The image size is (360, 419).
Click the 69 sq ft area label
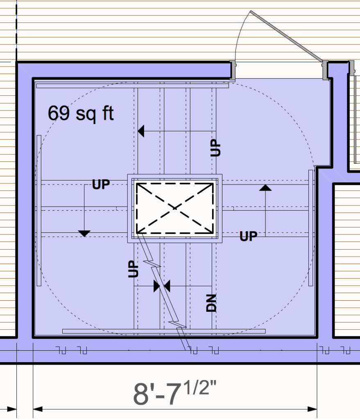pos(81,113)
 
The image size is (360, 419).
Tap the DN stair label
pos(211,303)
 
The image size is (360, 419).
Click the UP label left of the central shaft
pos(101,185)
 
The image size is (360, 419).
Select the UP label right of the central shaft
pos(249,236)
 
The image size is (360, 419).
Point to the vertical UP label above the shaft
pos(215,147)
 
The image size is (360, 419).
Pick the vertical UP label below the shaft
pos(133,269)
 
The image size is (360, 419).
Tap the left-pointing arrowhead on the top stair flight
pos(141,131)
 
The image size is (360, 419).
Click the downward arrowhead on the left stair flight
pos(84,234)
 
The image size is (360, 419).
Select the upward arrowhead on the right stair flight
pos(265,187)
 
